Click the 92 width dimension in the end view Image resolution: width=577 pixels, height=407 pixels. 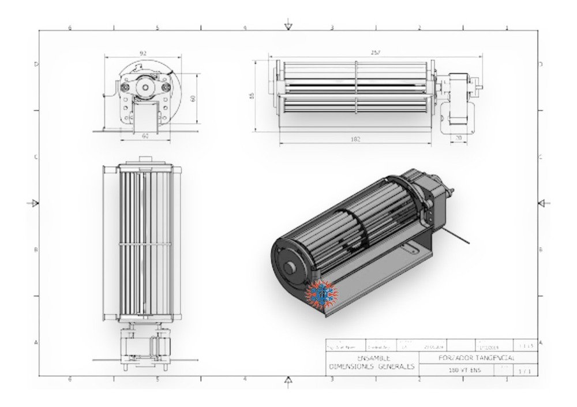[143, 53]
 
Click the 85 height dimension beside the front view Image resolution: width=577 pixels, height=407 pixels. [252, 95]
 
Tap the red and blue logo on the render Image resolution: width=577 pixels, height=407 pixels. [320, 293]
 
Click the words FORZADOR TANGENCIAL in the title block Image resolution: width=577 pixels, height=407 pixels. [471, 358]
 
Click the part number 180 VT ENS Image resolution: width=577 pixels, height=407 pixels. [463, 369]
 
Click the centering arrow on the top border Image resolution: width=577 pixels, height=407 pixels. [288, 26]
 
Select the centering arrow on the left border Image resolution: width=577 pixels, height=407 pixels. [35, 203]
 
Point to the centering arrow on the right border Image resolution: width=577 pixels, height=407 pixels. [541, 203]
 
